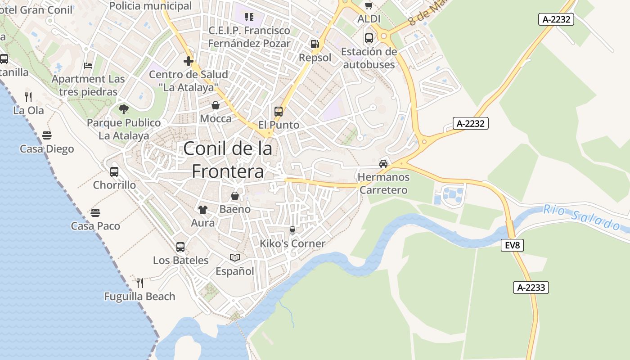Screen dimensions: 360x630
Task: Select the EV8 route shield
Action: [x=512, y=245]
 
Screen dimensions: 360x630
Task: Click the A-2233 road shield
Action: [x=531, y=288]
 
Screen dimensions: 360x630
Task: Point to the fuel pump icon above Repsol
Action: [x=315, y=44]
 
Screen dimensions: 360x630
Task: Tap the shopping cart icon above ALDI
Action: [x=369, y=6]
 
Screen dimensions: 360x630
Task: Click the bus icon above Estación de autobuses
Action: [x=369, y=38]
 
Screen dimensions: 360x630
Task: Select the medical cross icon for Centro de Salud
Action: [x=189, y=61]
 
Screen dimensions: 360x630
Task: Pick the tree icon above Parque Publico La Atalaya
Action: [x=123, y=109]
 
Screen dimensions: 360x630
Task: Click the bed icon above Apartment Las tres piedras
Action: [x=88, y=66]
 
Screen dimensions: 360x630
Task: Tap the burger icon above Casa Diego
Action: [x=47, y=135]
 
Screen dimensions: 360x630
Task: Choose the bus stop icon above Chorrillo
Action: [x=114, y=171]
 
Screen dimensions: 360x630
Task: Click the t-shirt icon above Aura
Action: [x=203, y=209]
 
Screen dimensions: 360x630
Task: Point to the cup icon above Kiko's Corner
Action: [x=292, y=230]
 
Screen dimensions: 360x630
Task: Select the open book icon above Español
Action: [x=235, y=257]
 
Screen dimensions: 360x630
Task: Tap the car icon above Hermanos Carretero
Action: [x=383, y=164]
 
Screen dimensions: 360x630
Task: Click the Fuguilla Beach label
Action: [x=139, y=297]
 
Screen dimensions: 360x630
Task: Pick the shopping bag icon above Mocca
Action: [x=216, y=105]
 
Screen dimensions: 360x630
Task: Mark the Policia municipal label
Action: [x=150, y=6]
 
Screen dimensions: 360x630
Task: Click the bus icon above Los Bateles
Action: [x=180, y=247]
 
